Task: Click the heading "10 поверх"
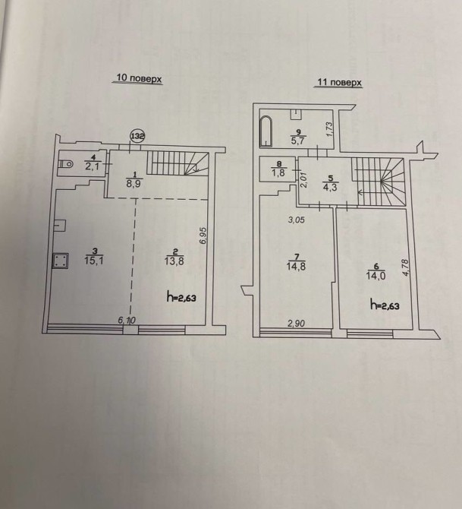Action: (x=138, y=78)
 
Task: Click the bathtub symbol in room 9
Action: (x=266, y=131)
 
